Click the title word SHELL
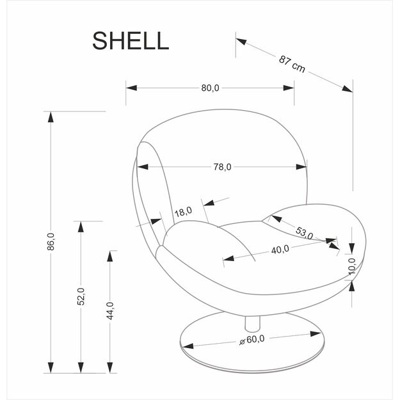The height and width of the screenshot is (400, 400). [x=131, y=41]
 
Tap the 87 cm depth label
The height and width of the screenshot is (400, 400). [x=292, y=64]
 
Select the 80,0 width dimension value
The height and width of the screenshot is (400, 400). [x=210, y=88]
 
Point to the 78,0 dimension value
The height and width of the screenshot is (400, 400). [x=223, y=167]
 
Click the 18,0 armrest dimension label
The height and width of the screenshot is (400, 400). [x=184, y=211]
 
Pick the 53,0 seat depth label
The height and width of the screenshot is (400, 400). [x=305, y=233]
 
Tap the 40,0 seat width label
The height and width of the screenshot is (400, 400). [x=280, y=250]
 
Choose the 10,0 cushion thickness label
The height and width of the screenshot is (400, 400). [x=352, y=266]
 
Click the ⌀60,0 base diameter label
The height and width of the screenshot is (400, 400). [x=252, y=340]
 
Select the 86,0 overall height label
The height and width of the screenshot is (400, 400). [x=51, y=241]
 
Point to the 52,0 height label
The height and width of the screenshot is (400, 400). [x=81, y=296]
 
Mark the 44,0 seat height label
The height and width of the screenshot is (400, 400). [x=110, y=310]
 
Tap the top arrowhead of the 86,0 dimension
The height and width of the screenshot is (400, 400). [x=51, y=117]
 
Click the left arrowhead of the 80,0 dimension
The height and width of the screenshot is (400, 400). [x=132, y=88]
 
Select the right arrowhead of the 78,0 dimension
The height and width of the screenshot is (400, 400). [x=301, y=167]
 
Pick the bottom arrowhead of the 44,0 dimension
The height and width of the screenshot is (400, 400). [x=110, y=367]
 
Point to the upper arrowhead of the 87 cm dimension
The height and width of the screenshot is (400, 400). [x=241, y=42]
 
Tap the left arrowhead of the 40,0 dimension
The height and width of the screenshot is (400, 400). [x=229, y=258]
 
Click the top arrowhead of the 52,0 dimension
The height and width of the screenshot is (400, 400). [x=81, y=227]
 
